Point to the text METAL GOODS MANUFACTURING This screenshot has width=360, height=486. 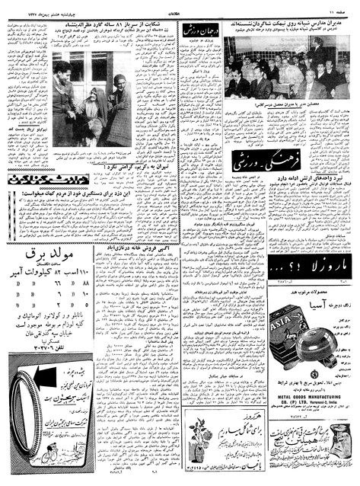tap(309, 376)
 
